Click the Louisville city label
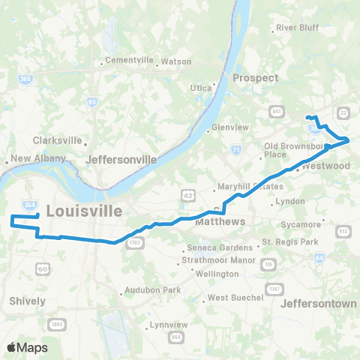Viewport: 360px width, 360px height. click(x=84, y=211)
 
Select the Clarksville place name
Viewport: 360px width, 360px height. click(x=57, y=140)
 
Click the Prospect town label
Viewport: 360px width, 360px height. click(x=255, y=78)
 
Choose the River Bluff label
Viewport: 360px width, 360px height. click(x=298, y=28)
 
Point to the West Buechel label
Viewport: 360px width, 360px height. click(x=235, y=298)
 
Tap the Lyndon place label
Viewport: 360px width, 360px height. click(x=290, y=202)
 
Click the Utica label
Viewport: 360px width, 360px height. click(x=200, y=88)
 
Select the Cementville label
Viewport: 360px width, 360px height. click(x=129, y=60)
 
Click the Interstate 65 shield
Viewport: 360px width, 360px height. click(x=91, y=100)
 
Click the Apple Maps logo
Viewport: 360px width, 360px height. click(x=28, y=347)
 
